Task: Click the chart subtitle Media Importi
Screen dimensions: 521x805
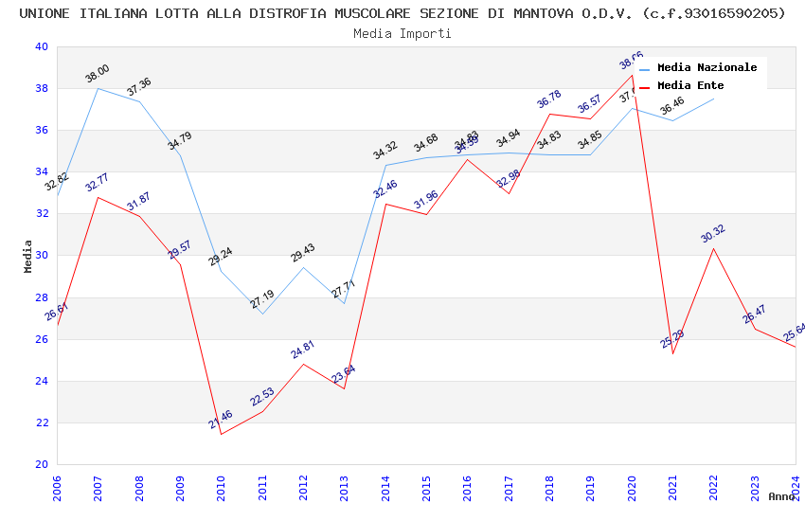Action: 402,33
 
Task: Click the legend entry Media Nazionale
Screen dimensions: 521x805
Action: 707,67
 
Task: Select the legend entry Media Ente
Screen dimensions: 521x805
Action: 690,85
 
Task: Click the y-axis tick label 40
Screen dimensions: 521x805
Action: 41,46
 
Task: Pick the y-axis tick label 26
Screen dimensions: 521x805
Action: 41,339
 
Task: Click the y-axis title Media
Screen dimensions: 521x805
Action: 28,256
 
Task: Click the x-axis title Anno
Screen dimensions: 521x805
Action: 781,496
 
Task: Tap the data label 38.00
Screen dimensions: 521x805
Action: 98,74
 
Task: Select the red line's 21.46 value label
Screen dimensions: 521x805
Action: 221,420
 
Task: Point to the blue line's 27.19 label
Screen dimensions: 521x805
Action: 262,299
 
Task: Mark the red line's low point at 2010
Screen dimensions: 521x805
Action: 222,434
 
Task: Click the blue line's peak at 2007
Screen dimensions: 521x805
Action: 98,88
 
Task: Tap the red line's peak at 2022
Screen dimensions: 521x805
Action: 713,248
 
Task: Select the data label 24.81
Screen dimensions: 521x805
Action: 303,350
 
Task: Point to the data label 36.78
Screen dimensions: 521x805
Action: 549,99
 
